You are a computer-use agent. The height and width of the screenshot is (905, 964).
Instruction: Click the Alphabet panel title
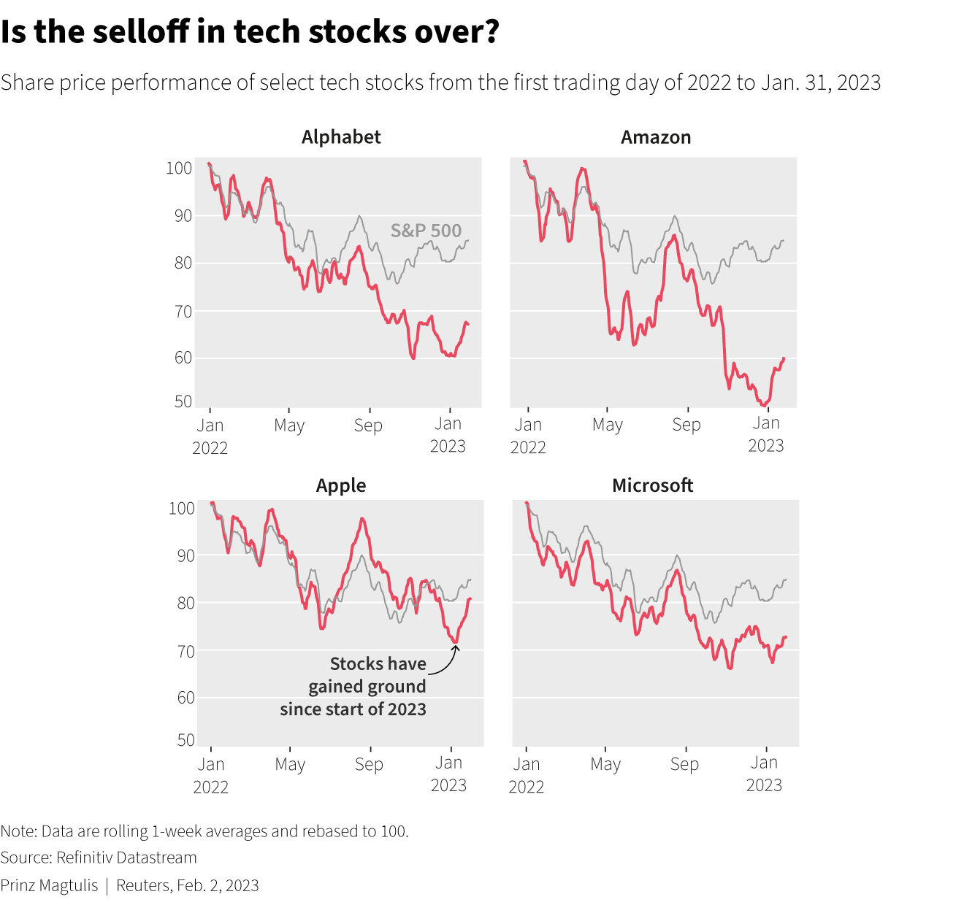pyautogui.click(x=341, y=137)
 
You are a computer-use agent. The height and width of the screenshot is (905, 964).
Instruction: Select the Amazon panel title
pyautogui.click(x=656, y=137)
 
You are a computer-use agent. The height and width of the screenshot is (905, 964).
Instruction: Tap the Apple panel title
pyautogui.click(x=341, y=485)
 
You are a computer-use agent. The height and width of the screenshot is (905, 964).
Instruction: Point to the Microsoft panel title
pyautogui.click(x=652, y=485)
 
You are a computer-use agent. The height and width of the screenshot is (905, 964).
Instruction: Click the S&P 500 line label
pyautogui.click(x=426, y=231)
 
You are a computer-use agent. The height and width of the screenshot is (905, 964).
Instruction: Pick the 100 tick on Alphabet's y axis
pyautogui.click(x=179, y=168)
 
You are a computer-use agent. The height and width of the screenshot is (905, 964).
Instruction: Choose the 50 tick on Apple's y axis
pyautogui.click(x=185, y=740)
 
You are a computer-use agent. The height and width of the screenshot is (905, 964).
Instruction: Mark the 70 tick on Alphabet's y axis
pyautogui.click(x=183, y=311)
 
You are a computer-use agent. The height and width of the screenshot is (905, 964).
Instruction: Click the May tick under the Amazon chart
pyautogui.click(x=608, y=425)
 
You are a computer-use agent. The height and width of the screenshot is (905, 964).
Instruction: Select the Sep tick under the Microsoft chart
pyautogui.click(x=684, y=764)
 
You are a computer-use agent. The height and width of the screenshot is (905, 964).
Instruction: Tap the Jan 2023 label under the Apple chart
pyautogui.click(x=448, y=774)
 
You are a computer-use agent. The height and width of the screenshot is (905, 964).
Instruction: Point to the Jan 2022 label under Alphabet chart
pyautogui.click(x=210, y=436)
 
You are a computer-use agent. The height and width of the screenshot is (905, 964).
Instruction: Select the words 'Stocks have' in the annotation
pyautogui.click(x=378, y=663)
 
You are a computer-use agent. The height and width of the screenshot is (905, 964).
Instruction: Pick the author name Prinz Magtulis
pyautogui.click(x=49, y=885)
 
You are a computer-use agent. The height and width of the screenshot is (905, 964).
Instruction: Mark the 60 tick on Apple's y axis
pyautogui.click(x=185, y=698)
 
